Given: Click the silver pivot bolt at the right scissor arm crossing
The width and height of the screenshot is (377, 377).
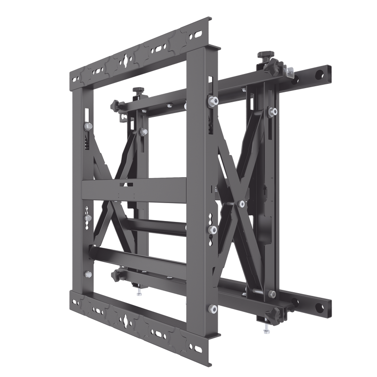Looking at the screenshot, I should click(x=241, y=204).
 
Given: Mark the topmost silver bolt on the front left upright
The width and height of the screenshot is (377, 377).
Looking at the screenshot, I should click(x=87, y=126).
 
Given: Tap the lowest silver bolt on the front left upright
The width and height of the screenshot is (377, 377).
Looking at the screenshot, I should click(x=88, y=274).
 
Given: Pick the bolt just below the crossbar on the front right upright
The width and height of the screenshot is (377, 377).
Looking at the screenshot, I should click(x=213, y=229).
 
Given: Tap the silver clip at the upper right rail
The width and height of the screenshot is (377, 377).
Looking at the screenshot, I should click(x=289, y=72).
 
